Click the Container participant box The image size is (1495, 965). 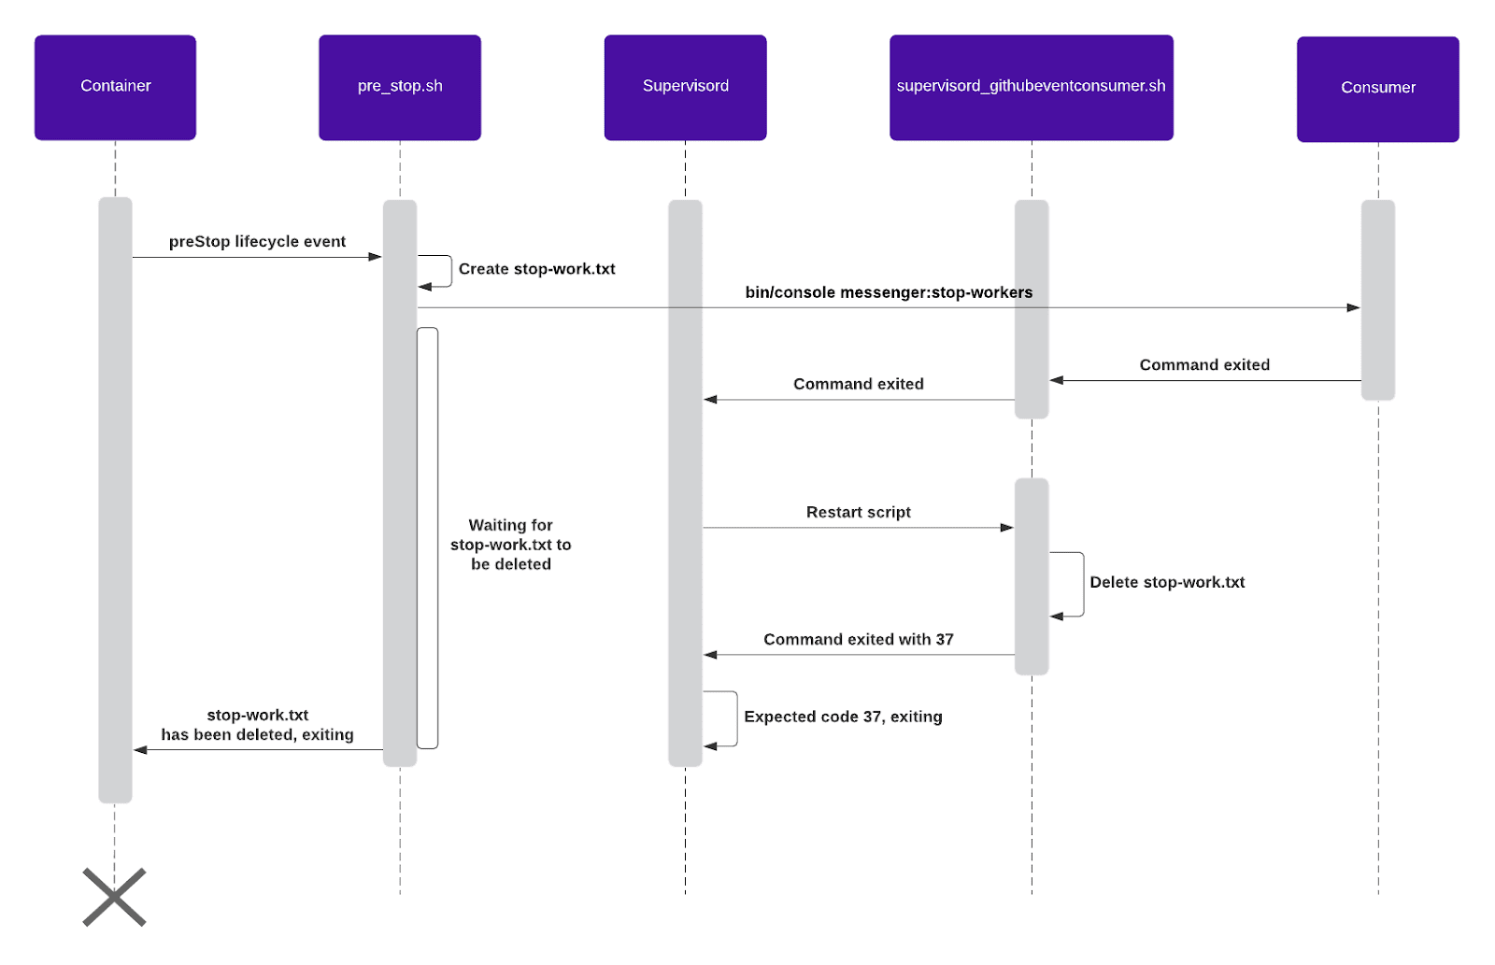[116, 88]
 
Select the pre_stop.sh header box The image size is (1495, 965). [400, 88]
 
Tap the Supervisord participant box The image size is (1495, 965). [686, 88]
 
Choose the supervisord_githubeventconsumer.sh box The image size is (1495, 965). [1032, 88]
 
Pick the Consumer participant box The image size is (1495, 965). [1378, 90]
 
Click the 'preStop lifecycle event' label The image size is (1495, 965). [257, 242]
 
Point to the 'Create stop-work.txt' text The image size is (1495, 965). [536, 269]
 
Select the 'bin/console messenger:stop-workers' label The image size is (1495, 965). [889, 292]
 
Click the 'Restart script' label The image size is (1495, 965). [859, 512]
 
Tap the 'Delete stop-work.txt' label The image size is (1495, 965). [1167, 582]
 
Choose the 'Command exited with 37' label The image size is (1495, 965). [859, 639]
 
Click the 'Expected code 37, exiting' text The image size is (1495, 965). [843, 717]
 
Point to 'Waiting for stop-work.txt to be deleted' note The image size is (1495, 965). [510, 545]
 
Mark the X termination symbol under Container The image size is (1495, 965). [114, 897]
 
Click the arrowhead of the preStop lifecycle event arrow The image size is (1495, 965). [375, 257]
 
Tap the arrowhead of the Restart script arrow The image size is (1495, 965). [1007, 528]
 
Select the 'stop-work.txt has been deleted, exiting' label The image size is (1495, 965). [257, 725]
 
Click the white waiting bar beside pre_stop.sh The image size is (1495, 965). [427, 538]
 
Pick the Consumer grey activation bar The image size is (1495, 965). [1378, 300]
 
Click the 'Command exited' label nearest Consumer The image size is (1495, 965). [1204, 365]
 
